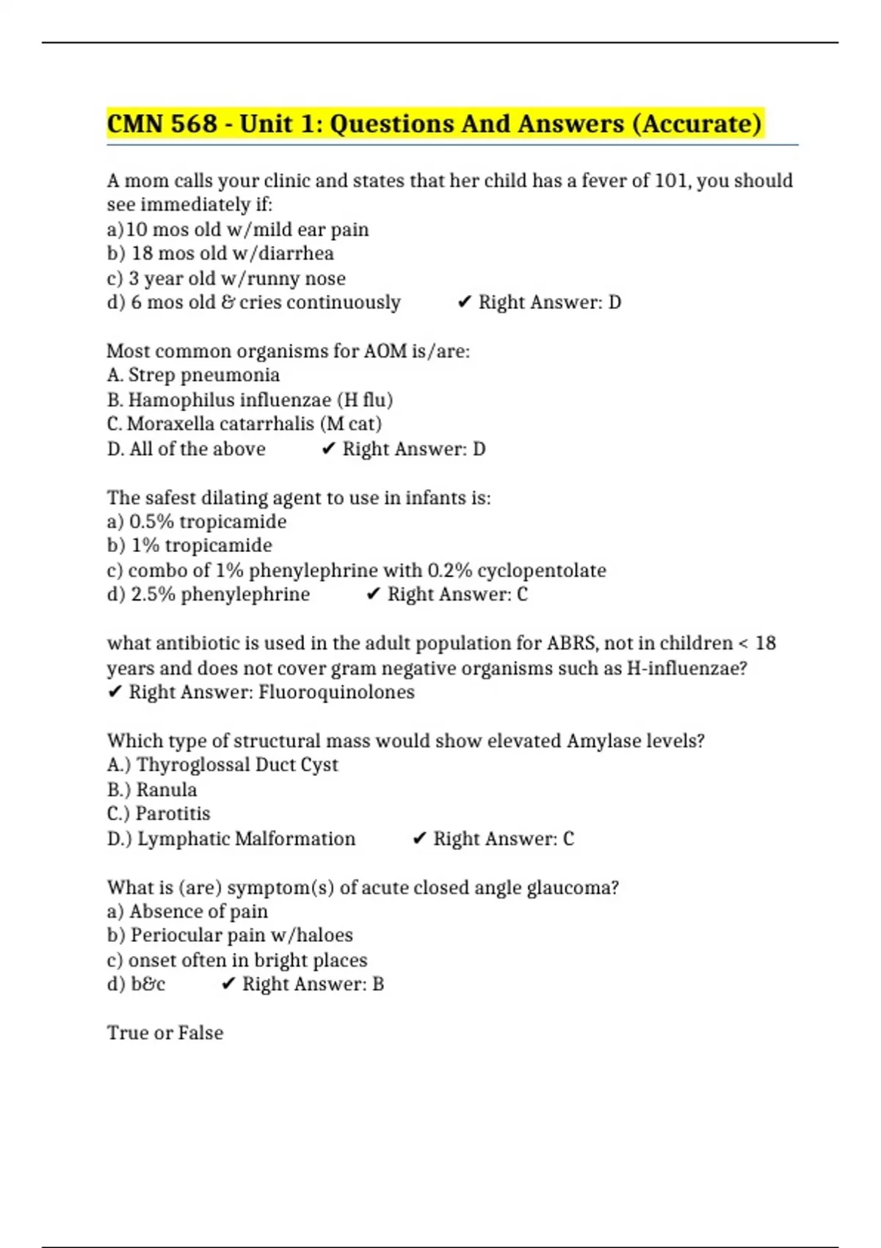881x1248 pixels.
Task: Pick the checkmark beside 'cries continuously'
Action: tap(464, 302)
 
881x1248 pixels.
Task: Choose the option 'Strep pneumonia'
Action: tap(193, 375)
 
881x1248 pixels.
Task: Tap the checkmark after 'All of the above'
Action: tap(328, 449)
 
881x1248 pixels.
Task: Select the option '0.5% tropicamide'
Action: tap(197, 521)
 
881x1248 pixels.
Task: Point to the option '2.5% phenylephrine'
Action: tap(209, 594)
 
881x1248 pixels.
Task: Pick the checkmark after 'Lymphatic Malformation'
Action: tap(419, 838)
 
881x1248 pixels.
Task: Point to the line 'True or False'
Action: tap(165, 1033)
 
